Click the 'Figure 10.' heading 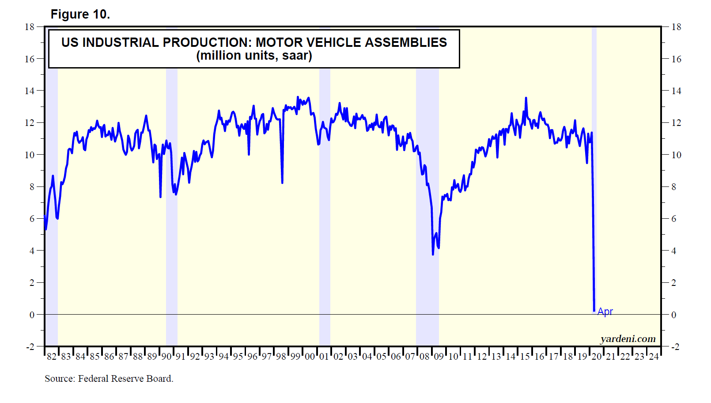pyautogui.click(x=80, y=15)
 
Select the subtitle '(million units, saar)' pyautogui.click(x=254, y=56)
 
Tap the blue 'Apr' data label pyautogui.click(x=605, y=312)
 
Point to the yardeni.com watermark pyautogui.click(x=628, y=339)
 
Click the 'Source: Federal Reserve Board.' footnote pyautogui.click(x=109, y=379)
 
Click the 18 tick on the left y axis pyautogui.click(x=30, y=27)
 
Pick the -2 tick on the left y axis pyautogui.click(x=30, y=347)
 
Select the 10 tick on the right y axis pyautogui.click(x=676, y=155)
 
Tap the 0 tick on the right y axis pyautogui.click(x=674, y=315)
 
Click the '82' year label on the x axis pyautogui.click(x=52, y=357)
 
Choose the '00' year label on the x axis pyautogui.click(x=310, y=357)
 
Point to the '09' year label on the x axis pyautogui.click(x=439, y=357)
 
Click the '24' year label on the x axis pyautogui.click(x=654, y=357)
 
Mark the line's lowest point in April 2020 pyautogui.click(x=594, y=311)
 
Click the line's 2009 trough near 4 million pyautogui.click(x=433, y=254)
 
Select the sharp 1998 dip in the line pyautogui.click(x=282, y=182)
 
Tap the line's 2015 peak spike pyautogui.click(x=526, y=98)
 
